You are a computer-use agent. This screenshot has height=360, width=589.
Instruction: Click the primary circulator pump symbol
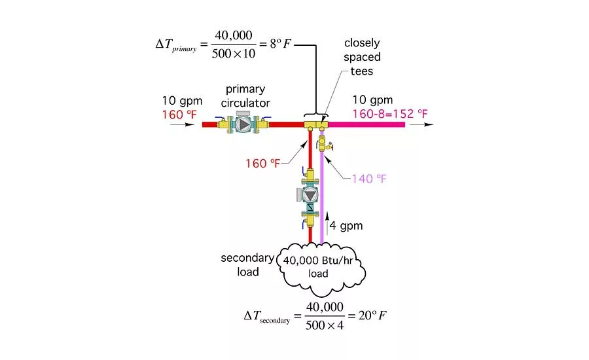pos(243,124)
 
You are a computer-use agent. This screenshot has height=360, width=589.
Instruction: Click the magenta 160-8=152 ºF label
pos(390,115)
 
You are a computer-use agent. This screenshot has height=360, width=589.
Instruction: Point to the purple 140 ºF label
pos(369,178)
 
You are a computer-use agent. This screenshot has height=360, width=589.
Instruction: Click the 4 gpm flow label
pos(347,226)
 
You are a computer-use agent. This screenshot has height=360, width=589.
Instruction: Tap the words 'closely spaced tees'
pos(362,57)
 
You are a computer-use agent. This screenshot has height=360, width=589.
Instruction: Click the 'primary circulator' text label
pos(248,96)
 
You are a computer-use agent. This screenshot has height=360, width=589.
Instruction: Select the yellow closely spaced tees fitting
pos(315,124)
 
